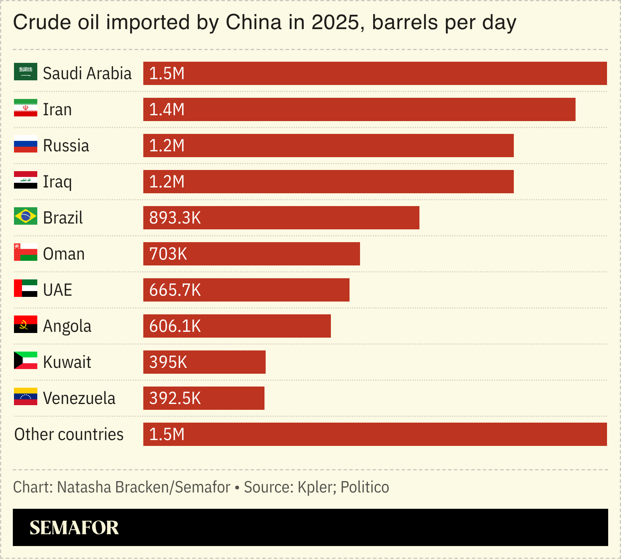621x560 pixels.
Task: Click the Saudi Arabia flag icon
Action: tap(26, 72)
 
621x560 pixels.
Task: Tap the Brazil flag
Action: tap(26, 216)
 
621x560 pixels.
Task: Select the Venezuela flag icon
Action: tap(26, 397)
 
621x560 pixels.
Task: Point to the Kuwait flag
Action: tap(26, 361)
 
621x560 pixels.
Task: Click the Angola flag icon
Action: tap(26, 324)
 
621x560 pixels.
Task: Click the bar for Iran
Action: tap(359, 109)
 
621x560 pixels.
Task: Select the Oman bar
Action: tap(251, 254)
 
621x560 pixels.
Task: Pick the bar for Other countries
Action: tap(375, 434)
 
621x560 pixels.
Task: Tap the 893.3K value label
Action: tap(175, 218)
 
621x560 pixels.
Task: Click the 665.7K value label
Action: tap(175, 290)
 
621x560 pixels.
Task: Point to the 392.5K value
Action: tap(175, 399)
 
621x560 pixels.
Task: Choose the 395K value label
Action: tap(168, 362)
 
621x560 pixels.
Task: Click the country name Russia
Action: tap(66, 146)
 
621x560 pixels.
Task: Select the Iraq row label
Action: tap(57, 182)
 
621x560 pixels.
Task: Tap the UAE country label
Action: tap(57, 290)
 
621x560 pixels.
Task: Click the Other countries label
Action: tap(69, 435)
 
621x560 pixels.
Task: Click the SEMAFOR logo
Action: tap(74, 528)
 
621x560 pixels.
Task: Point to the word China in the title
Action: tap(253, 23)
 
